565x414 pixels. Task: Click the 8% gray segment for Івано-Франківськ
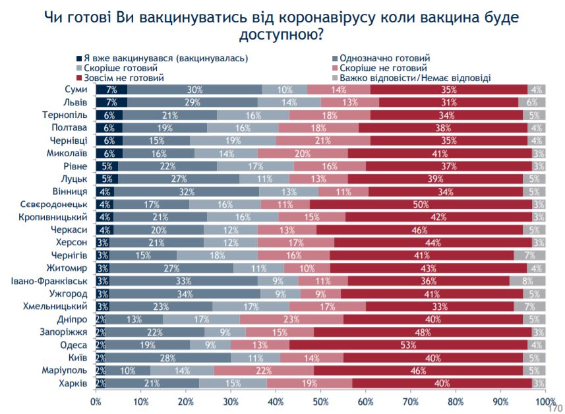[527, 280]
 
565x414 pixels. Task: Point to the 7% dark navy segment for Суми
[111, 90]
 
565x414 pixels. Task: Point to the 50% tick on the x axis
[320, 401]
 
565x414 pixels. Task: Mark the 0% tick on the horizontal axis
[96, 401]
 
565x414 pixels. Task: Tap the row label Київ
[77, 357]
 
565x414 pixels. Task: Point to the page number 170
[553, 406]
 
